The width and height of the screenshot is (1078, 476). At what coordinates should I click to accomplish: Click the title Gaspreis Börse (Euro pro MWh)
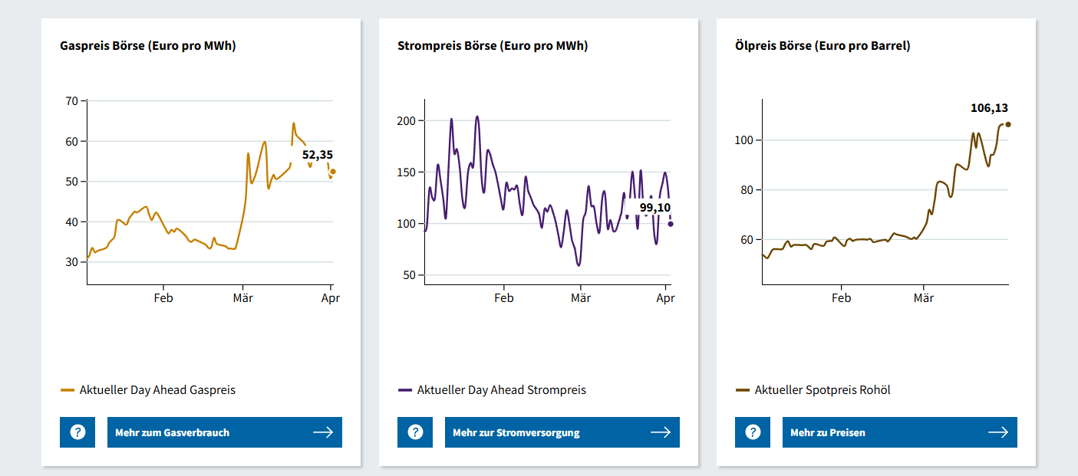pyautogui.click(x=147, y=46)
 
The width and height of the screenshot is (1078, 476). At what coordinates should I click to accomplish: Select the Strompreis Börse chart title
pyautogui.click(x=493, y=46)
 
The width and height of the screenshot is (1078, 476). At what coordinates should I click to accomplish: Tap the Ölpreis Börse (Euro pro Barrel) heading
pyautogui.click(x=823, y=46)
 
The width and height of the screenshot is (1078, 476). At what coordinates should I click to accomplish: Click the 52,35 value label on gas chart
pyautogui.click(x=317, y=155)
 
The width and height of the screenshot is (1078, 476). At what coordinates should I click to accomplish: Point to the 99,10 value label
pyautogui.click(x=654, y=208)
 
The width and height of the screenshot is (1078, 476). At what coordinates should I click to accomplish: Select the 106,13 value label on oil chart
pyautogui.click(x=989, y=108)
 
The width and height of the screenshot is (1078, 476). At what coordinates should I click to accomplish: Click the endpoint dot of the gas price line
pyautogui.click(x=333, y=172)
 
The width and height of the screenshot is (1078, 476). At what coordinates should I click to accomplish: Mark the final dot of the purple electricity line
pyautogui.click(x=671, y=224)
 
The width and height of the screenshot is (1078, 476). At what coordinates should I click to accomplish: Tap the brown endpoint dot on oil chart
pyautogui.click(x=1008, y=124)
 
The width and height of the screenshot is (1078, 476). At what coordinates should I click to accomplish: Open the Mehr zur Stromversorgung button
pyautogui.click(x=562, y=432)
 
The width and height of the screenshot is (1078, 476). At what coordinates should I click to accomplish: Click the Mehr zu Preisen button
pyautogui.click(x=899, y=432)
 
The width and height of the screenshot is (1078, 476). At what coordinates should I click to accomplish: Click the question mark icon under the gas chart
pyautogui.click(x=77, y=432)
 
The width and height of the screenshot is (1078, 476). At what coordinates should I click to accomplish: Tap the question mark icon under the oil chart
pyautogui.click(x=753, y=432)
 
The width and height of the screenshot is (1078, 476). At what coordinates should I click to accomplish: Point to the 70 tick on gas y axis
pyautogui.click(x=72, y=100)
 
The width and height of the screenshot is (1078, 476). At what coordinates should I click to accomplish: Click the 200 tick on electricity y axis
pyautogui.click(x=406, y=121)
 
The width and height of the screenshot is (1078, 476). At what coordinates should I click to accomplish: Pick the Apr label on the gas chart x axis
pyautogui.click(x=330, y=298)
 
